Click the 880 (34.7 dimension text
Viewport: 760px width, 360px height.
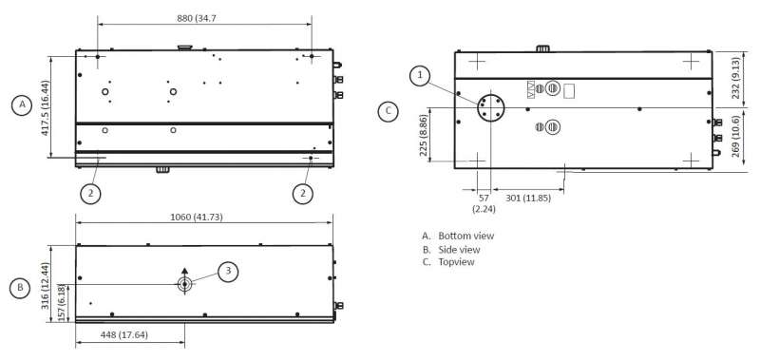197,18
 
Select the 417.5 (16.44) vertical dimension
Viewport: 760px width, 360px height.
45,107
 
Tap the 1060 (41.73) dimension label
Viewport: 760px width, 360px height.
197,218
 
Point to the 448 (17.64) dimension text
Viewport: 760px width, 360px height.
123,334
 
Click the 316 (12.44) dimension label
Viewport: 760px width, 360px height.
45,285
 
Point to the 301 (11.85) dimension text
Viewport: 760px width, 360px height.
528,198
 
